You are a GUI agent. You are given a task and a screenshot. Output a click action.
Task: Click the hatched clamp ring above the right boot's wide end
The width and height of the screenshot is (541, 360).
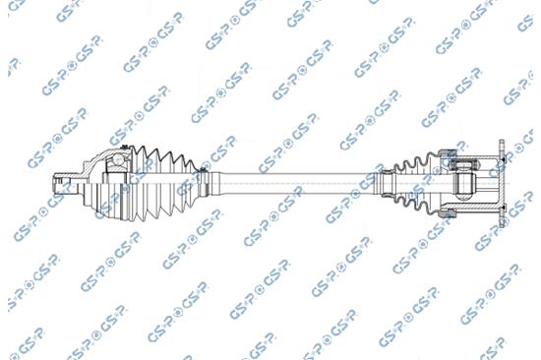tap(453, 150)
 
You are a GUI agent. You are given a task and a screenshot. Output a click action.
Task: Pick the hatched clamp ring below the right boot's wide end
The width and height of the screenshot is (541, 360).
tap(453, 210)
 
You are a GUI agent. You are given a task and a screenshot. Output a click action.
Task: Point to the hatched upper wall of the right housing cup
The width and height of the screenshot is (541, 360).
tap(482, 153)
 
